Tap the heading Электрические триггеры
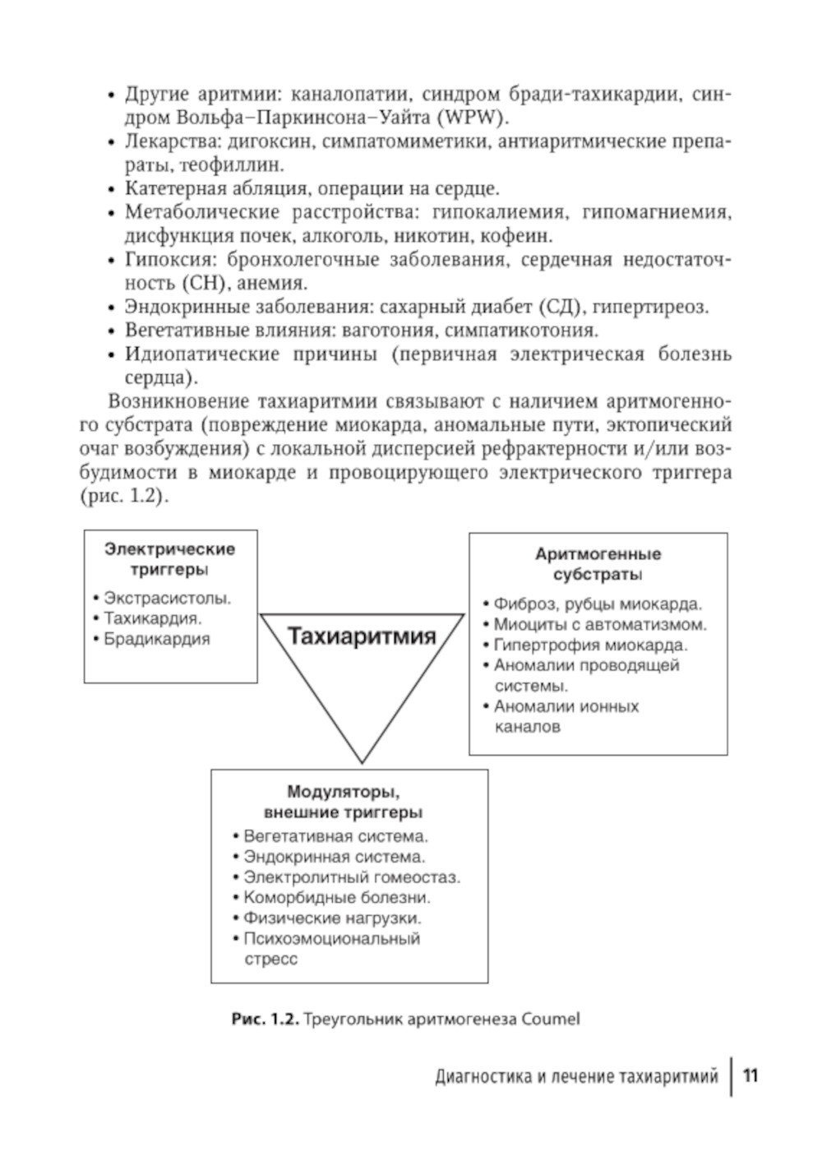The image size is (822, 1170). [x=169, y=559]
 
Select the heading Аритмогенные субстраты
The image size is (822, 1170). [x=598, y=564]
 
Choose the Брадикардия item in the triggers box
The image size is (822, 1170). [x=156, y=639]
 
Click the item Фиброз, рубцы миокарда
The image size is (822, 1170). [x=598, y=604]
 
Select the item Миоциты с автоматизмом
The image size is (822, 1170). [x=600, y=625]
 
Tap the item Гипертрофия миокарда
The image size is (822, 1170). [x=590, y=645]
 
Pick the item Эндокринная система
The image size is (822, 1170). [x=335, y=857]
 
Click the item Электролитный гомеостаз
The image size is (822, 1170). [x=352, y=877]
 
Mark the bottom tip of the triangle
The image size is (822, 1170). [x=362, y=761]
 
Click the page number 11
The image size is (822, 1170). [x=750, y=1075]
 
